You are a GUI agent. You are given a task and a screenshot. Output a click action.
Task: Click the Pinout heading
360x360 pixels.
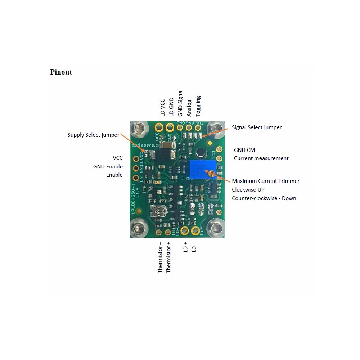[x=61, y=72]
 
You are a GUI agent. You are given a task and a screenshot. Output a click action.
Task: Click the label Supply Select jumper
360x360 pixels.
[x=93, y=135]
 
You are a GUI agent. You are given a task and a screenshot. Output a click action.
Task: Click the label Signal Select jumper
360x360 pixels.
[x=257, y=127]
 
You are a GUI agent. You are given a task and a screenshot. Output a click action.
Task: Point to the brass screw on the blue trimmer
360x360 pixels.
[x=212, y=174]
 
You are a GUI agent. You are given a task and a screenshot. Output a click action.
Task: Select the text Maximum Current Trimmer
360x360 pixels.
[x=266, y=181]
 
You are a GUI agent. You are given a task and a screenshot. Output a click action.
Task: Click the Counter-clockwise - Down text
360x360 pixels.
[x=264, y=198]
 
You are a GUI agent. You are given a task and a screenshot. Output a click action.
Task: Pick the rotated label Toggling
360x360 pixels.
[x=198, y=106]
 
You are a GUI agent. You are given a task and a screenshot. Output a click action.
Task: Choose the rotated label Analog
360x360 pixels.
[x=189, y=108]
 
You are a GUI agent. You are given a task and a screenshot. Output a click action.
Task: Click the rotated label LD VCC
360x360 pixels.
[x=163, y=107]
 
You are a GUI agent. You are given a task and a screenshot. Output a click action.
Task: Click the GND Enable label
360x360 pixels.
[x=108, y=167]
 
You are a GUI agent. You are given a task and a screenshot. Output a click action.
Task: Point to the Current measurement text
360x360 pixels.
[x=261, y=158]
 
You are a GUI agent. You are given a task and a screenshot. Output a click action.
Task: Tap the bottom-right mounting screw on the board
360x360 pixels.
[x=217, y=228]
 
